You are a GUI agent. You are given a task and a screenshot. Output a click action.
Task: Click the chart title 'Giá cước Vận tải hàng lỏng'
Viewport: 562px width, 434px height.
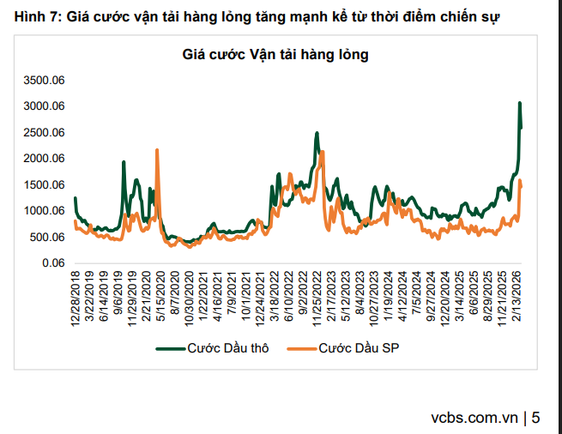(x=275, y=55)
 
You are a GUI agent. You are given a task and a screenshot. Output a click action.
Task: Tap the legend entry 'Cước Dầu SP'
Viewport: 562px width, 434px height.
(x=351, y=347)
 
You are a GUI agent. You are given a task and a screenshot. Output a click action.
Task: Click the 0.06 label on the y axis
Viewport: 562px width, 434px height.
(x=55, y=263)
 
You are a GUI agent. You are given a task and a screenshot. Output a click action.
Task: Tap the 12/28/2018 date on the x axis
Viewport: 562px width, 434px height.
(x=76, y=297)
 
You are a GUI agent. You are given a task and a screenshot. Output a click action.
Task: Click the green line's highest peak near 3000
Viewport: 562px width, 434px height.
(x=519, y=103)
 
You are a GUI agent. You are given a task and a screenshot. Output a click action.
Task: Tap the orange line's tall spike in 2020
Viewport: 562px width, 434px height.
(x=157, y=150)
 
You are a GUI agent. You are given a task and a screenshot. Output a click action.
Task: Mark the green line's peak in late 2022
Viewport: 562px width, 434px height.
(x=317, y=133)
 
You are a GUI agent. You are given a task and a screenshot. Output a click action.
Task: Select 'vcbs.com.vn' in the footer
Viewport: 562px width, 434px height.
(x=476, y=419)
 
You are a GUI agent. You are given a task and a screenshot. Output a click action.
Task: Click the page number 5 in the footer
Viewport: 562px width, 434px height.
(x=536, y=419)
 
